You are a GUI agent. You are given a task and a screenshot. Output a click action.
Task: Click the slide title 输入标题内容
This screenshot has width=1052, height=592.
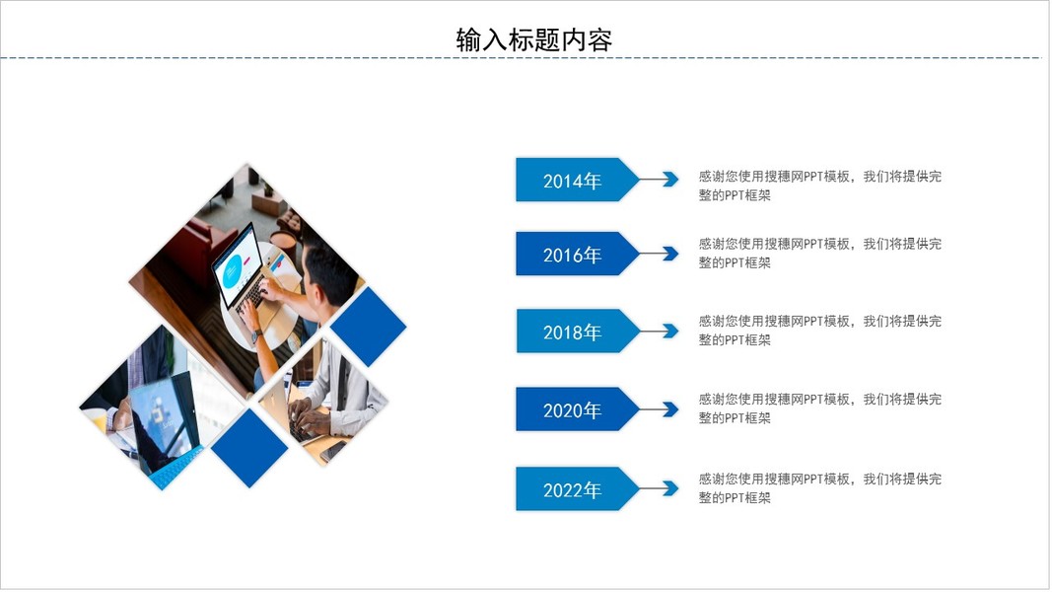coord(534,40)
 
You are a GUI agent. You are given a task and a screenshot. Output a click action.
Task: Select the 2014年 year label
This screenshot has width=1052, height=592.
coord(572,181)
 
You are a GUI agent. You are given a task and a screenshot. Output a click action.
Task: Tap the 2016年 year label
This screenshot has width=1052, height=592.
coord(572,255)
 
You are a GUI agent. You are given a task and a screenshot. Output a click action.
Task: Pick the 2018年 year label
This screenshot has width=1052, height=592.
coord(572,332)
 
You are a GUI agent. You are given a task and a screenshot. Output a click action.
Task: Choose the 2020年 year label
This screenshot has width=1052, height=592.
coord(572,410)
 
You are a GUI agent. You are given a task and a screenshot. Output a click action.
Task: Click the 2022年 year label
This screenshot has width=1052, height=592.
coord(572,489)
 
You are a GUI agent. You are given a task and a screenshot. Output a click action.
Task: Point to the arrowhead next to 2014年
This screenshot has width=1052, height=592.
coord(670,179)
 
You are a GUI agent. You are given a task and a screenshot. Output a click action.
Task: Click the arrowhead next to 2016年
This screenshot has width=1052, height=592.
coord(670,253)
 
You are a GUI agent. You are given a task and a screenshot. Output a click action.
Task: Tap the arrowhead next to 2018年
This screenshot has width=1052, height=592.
coord(670,331)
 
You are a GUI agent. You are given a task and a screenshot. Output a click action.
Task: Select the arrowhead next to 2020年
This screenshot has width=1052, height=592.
coord(670,408)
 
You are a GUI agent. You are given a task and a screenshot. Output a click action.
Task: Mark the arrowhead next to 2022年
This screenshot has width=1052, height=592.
coord(670,488)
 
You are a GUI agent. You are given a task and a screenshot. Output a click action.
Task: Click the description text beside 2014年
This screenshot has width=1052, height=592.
coord(820,185)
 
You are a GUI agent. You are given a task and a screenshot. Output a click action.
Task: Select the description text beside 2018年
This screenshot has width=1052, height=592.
coord(820,331)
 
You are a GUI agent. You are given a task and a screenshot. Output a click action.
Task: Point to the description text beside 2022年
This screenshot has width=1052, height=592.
coord(820,488)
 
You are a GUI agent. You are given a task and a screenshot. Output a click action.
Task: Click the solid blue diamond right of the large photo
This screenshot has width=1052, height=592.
coord(369,327)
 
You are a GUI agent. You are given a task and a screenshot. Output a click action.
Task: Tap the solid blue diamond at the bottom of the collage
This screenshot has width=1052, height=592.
coord(249,448)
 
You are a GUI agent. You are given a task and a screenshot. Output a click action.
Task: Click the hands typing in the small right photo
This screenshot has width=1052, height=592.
coord(310,418)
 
